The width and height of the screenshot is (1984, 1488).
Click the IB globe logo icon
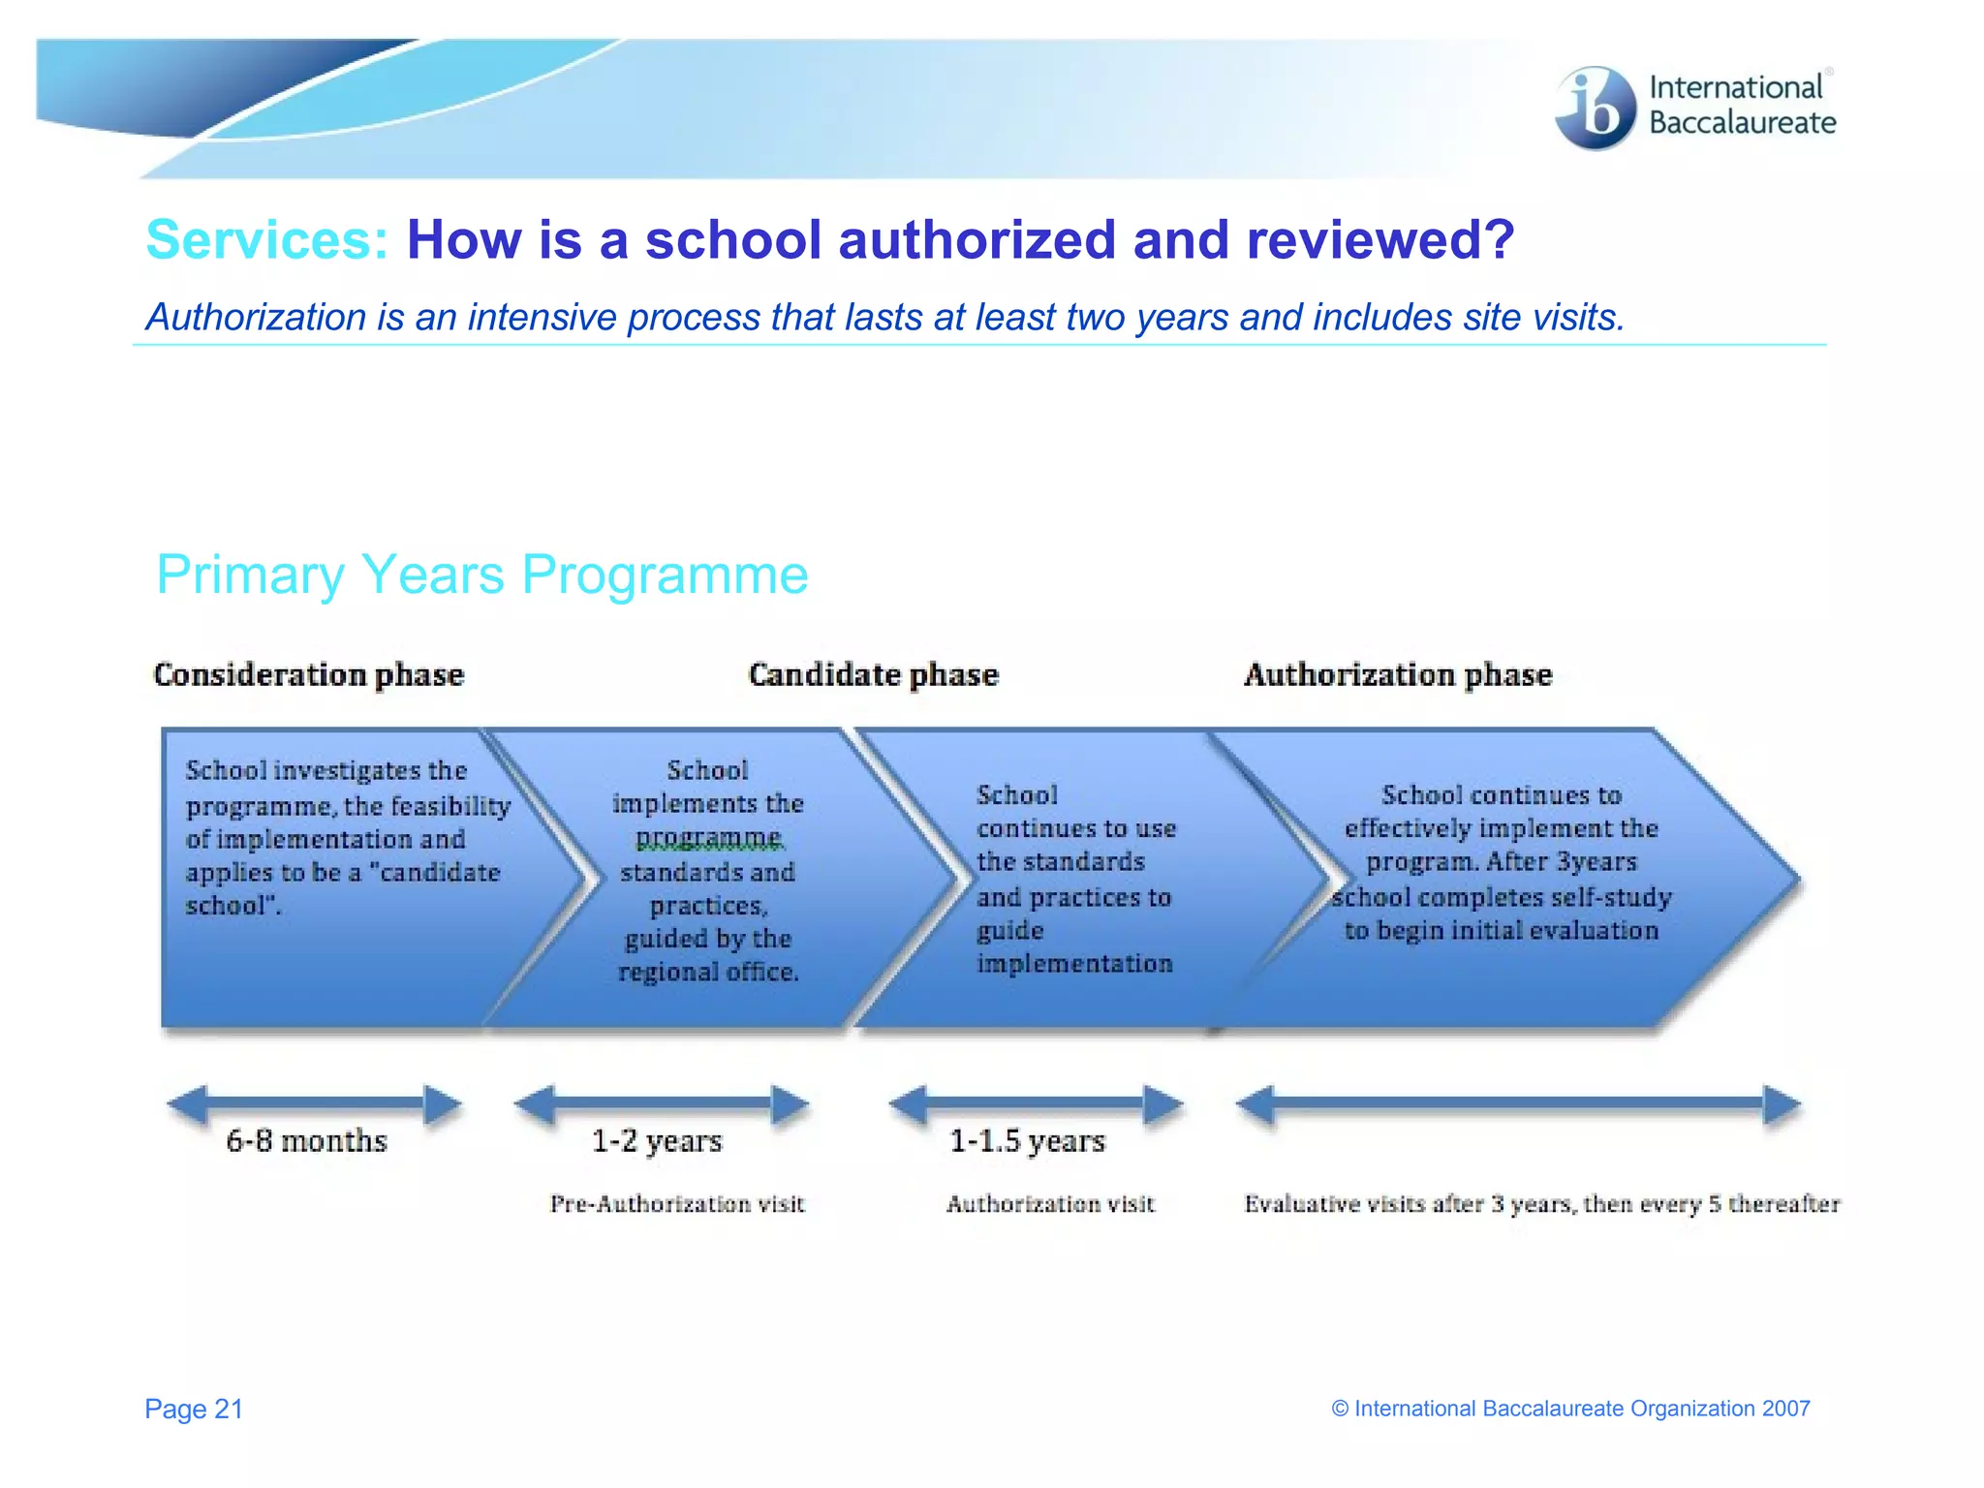point(1595,108)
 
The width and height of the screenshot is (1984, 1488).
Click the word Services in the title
point(266,239)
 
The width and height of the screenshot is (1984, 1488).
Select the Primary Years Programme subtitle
point(481,574)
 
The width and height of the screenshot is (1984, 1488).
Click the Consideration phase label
point(308,674)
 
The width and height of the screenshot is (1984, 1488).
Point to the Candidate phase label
point(873,674)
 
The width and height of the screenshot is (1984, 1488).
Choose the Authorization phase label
point(1397,674)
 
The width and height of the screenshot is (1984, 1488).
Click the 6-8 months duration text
point(306,1141)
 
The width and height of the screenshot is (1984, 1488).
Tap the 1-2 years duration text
point(657,1141)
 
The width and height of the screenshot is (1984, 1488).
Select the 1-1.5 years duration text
point(1027,1141)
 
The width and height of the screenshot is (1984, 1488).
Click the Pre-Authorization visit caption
point(677,1204)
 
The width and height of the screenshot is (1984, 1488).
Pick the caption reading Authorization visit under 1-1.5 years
point(1050,1204)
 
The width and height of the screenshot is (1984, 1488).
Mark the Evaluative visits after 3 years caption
point(1541,1204)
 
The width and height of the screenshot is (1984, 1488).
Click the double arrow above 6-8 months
point(314,1104)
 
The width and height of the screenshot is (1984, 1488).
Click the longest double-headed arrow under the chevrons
point(1518,1104)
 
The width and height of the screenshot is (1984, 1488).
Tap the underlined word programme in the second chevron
point(708,837)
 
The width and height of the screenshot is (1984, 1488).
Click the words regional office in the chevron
point(708,972)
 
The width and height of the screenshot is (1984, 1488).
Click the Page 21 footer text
point(194,1409)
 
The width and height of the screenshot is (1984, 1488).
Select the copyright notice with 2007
point(1570,1409)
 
